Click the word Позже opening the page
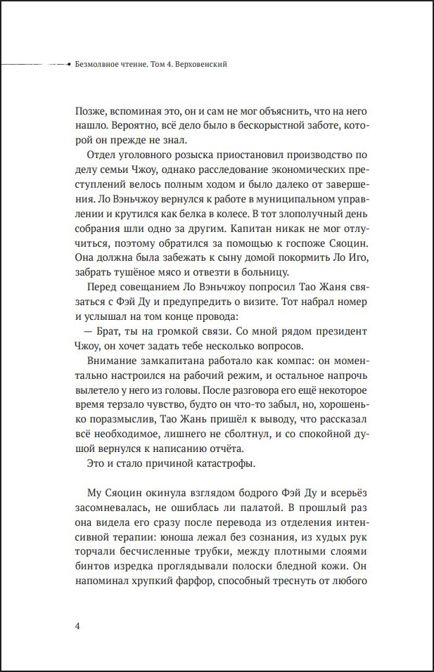coord(89,112)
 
